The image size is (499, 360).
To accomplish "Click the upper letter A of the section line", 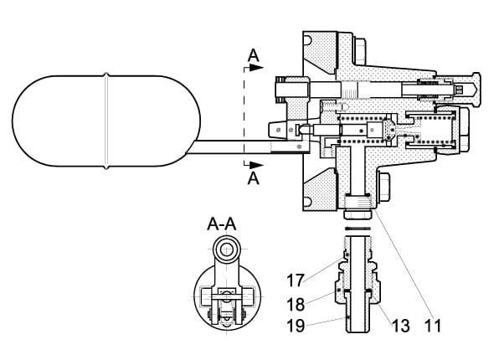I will (x=254, y=57).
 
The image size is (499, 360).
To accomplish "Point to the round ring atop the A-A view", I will (x=225, y=249).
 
